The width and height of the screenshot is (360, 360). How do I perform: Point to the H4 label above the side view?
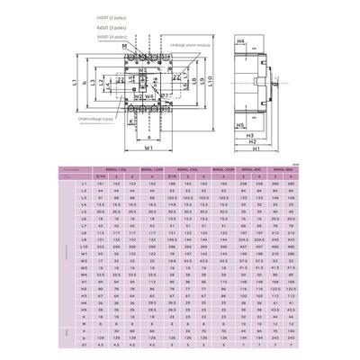coord(241,41)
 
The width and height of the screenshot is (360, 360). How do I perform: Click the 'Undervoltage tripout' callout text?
coord(94,117)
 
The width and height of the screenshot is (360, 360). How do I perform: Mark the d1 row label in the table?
coord(82,343)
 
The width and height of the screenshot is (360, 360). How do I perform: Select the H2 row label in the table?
coord(82,288)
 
